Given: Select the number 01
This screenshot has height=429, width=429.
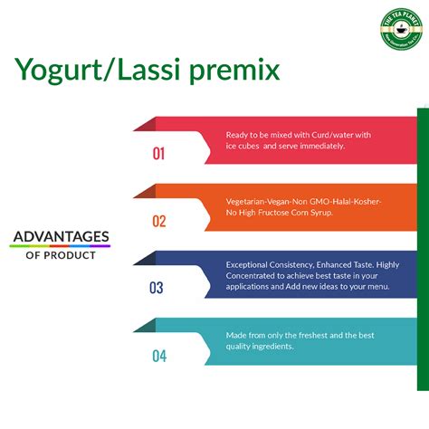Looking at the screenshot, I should coord(158,154).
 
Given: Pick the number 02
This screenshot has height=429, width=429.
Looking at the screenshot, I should coord(158,220).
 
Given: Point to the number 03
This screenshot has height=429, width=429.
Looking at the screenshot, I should coord(157,288).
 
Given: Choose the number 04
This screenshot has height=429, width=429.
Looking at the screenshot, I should coord(159,356).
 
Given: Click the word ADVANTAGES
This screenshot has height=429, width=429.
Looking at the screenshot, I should coord(60,236).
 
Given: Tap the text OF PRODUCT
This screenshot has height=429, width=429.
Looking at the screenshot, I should coord(60,255).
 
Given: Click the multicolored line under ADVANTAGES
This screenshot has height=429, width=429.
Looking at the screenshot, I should coord(60,246).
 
